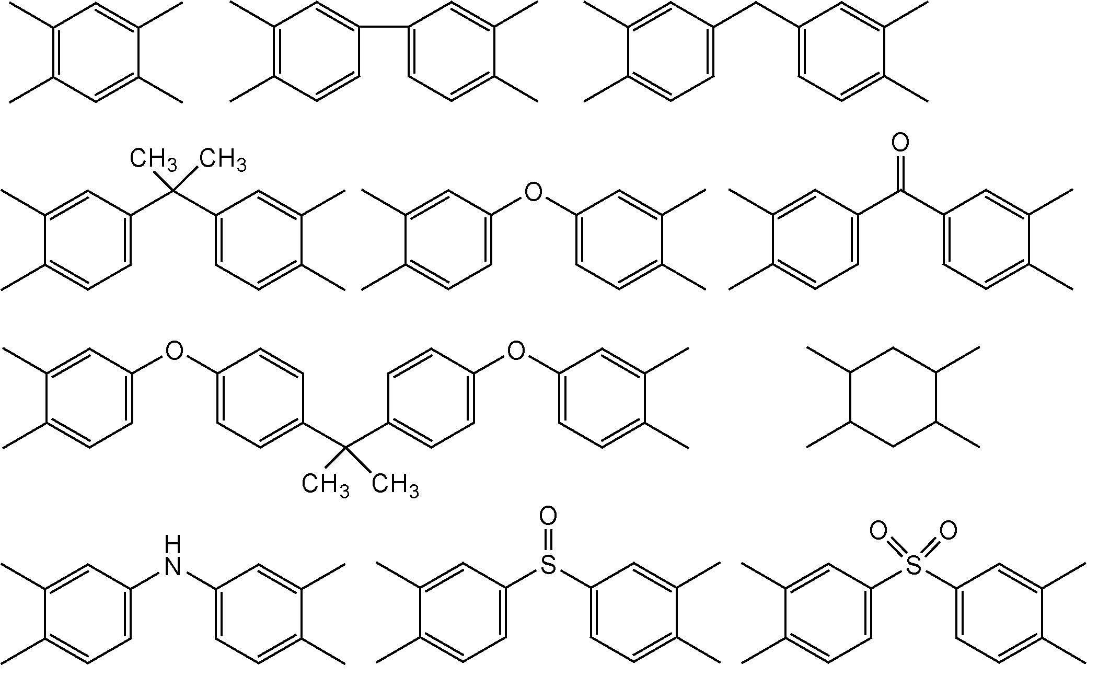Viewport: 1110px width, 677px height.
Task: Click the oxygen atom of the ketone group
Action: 900,143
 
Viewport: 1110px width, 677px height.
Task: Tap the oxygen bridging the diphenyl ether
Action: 533,192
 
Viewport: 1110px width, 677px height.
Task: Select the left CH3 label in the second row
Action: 154,159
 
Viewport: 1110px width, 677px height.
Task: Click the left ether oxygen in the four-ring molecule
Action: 174,351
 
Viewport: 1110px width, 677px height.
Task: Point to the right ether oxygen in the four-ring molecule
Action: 516,351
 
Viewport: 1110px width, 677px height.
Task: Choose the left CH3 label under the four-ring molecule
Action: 325,486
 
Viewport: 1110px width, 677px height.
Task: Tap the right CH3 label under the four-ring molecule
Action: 395,486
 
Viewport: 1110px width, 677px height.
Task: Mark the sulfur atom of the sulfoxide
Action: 548,565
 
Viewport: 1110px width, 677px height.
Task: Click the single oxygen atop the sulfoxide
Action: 548,516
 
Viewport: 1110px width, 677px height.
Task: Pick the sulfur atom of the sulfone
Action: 914,565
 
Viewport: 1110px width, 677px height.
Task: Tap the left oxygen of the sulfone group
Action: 879,531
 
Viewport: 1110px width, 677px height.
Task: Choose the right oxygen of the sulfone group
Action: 948,531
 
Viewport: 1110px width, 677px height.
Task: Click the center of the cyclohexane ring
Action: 893,397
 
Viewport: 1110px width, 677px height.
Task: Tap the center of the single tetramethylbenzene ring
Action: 96,52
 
